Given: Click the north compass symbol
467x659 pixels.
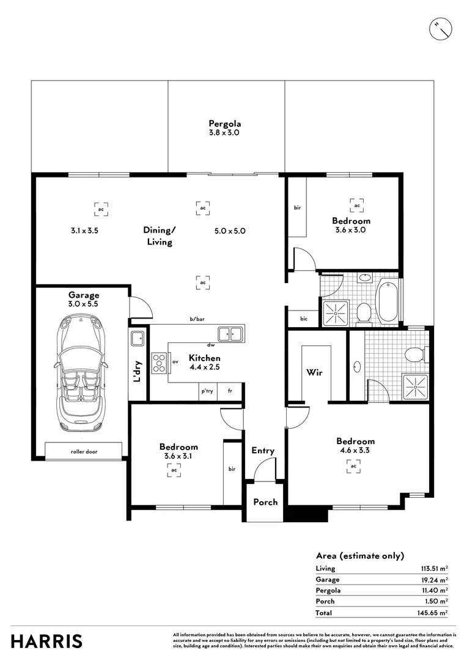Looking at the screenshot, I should coord(440,29).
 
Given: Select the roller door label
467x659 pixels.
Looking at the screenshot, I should coord(84,452).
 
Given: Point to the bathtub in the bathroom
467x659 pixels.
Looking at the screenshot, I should coord(388,301).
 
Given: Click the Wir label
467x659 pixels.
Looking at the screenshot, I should coord(315,372).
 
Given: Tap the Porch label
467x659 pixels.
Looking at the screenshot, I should coord(265,502).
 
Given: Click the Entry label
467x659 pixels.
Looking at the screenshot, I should coord(263,450).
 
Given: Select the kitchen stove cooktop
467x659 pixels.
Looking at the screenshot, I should coord(159,363).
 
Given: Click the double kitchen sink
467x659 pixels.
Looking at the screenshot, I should coord(230,333).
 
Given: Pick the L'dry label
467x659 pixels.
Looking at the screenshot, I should coord(138,372).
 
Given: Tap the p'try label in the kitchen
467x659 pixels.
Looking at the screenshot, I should coord(207,391).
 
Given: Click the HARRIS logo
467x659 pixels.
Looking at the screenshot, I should coord(46,641).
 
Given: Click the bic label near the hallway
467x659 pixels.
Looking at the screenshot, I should coord(304,319).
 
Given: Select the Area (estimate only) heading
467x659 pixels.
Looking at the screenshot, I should coord(359,555).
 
